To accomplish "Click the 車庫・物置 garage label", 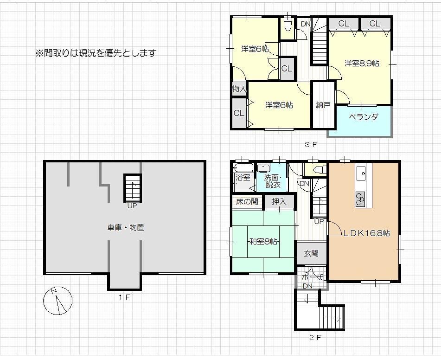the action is click(126, 227).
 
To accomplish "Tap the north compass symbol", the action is click(58, 301).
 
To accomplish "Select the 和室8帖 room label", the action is click(263, 242).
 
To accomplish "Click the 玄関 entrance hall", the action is click(312, 253).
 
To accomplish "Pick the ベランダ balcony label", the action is click(364, 117).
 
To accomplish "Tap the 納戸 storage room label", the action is click(323, 105).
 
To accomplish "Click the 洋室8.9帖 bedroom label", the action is click(362, 64).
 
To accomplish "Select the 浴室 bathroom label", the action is click(243, 178).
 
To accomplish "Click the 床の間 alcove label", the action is click(247, 201).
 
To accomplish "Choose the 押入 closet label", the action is click(279, 201).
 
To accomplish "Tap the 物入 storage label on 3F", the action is click(239, 89).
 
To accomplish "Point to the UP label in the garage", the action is click(132, 206).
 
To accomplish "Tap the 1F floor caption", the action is click(124, 297).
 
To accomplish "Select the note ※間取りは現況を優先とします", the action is click(96, 53).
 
